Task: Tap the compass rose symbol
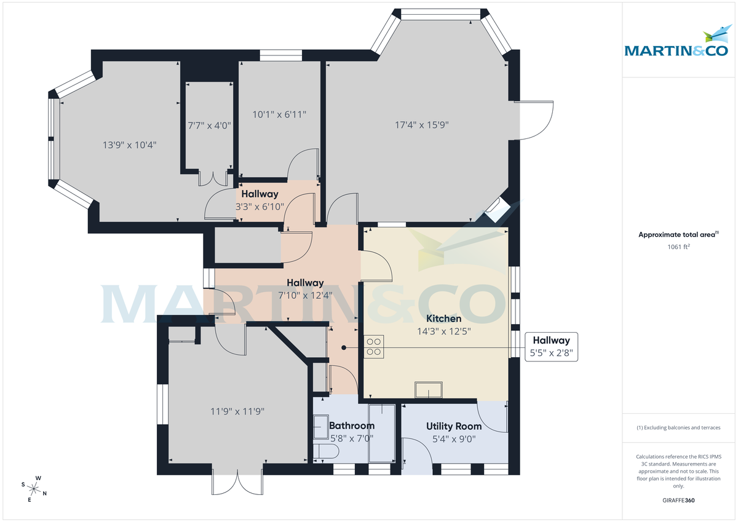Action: coord(35,489)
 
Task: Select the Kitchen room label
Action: coord(443,318)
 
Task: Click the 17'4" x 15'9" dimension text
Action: coord(421,125)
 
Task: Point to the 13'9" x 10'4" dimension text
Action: coord(129,145)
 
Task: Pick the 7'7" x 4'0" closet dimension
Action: coord(209,125)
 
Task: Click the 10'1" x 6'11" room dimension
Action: coord(279,114)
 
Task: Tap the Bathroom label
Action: coord(351,425)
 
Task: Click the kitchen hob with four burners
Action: coord(374,346)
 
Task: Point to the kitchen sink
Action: coord(428,390)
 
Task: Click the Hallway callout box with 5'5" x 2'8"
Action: coord(551,347)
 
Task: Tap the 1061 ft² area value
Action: coord(679,247)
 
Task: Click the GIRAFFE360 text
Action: coord(679,500)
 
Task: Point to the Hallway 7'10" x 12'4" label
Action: coord(305,289)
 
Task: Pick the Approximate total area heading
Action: coord(678,234)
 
